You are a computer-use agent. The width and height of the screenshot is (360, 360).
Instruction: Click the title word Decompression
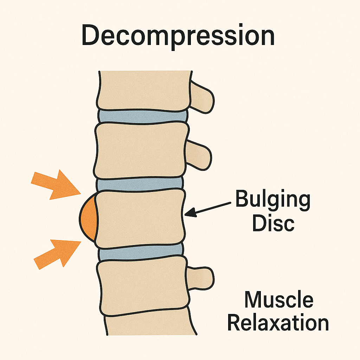[x=178, y=37]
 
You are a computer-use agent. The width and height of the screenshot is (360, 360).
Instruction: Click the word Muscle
[x=278, y=300]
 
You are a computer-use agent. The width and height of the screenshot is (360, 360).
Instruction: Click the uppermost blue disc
[x=142, y=116]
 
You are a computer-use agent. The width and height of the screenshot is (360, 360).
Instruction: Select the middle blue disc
[x=140, y=184]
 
